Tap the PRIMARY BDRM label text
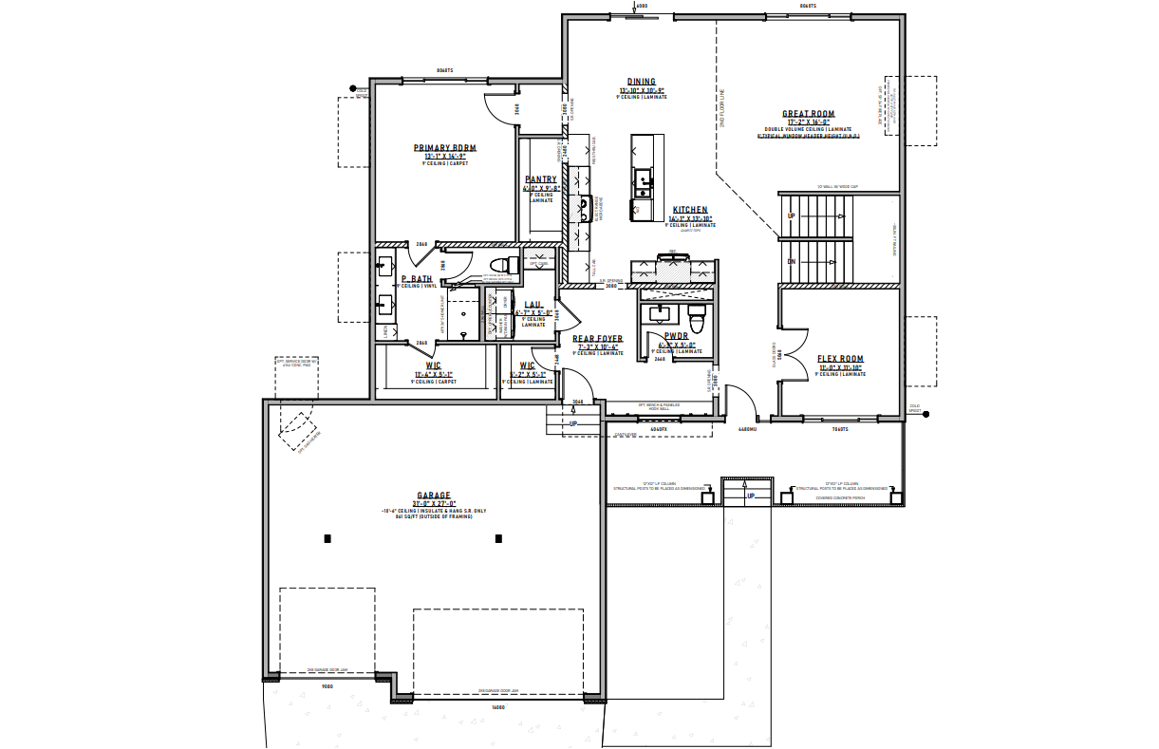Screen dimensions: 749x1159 (x=444, y=148)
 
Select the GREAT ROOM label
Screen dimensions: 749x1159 (x=808, y=113)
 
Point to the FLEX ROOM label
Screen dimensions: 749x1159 (x=840, y=359)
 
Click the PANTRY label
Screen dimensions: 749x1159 (x=541, y=179)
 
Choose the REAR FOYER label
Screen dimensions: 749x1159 (x=597, y=338)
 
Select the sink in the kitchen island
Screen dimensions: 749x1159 (x=644, y=178)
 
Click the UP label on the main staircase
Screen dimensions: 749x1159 (x=791, y=216)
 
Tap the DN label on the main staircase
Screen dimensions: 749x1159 (x=791, y=261)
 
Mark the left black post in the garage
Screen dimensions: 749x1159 (x=327, y=539)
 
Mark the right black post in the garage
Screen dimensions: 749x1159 (x=498, y=539)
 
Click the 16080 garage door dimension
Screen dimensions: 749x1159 (x=498, y=707)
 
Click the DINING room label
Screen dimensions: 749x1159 (x=641, y=82)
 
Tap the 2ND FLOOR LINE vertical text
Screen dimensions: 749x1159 (x=722, y=110)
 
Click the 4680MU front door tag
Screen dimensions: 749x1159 (x=747, y=429)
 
